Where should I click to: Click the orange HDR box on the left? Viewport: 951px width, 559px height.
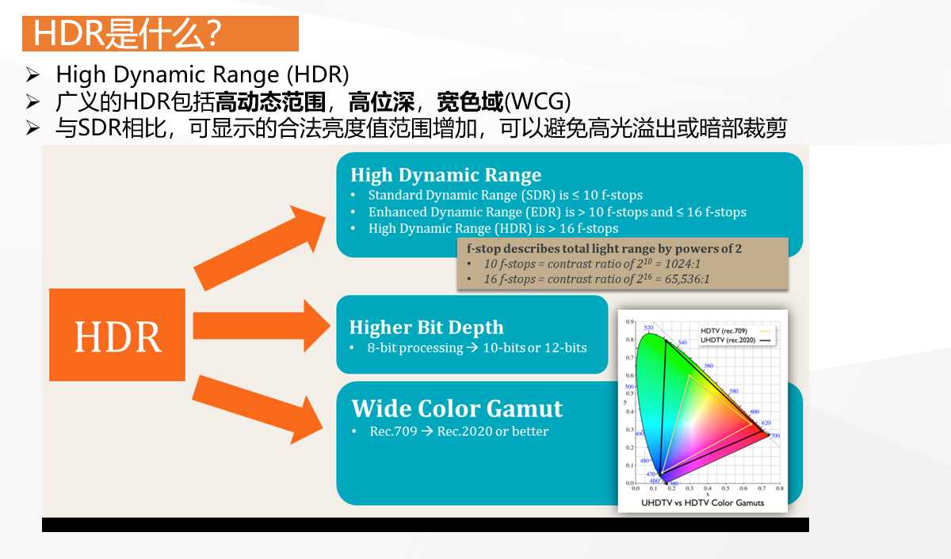point(117,335)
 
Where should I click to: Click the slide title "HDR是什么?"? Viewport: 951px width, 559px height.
point(127,34)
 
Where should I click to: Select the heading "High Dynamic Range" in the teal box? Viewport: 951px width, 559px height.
point(445,175)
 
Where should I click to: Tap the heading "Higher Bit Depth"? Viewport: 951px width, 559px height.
point(426,327)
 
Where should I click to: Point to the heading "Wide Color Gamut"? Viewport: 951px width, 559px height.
point(457,409)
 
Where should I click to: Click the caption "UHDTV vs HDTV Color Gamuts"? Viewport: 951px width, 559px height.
point(702,503)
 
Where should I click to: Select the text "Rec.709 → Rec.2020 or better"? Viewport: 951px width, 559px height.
point(459,432)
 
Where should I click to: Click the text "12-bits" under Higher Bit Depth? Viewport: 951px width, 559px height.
point(565,348)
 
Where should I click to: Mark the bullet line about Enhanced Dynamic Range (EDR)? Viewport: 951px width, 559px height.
point(556,211)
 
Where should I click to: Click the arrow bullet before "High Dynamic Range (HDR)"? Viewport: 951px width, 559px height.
point(32,76)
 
